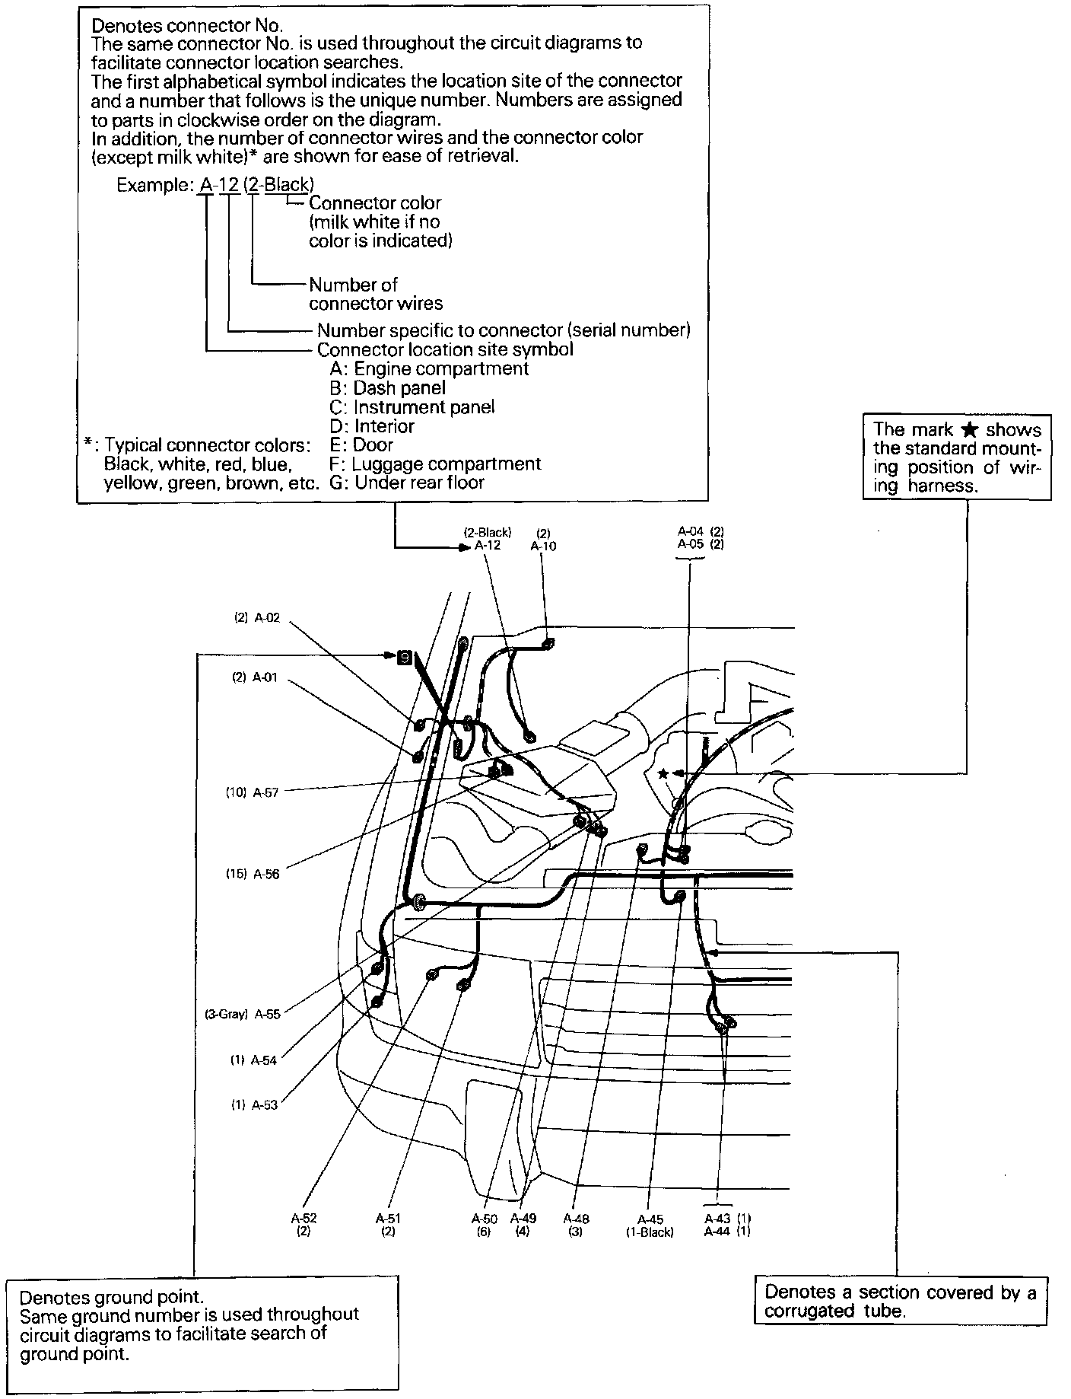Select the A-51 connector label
388,1219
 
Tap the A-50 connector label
485,1219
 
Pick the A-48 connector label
576,1219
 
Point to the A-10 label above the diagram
543,546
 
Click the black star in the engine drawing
663,773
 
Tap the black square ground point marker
405,655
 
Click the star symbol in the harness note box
969,430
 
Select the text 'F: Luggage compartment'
435,464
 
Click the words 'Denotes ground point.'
111,1297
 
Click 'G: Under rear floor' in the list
407,483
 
